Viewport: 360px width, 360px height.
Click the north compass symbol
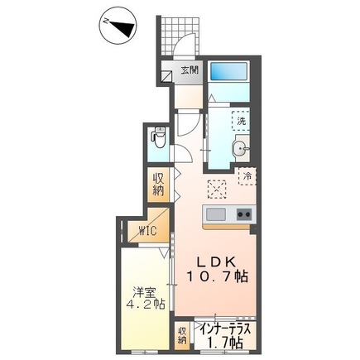pos(119,29)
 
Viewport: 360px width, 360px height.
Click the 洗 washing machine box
pos(242,121)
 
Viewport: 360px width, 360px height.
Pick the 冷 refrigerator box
pos(246,175)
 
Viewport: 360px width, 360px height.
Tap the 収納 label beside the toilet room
pos(157,184)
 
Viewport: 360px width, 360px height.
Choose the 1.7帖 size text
pos(226,340)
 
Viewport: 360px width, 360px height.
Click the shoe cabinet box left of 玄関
pos(167,72)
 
